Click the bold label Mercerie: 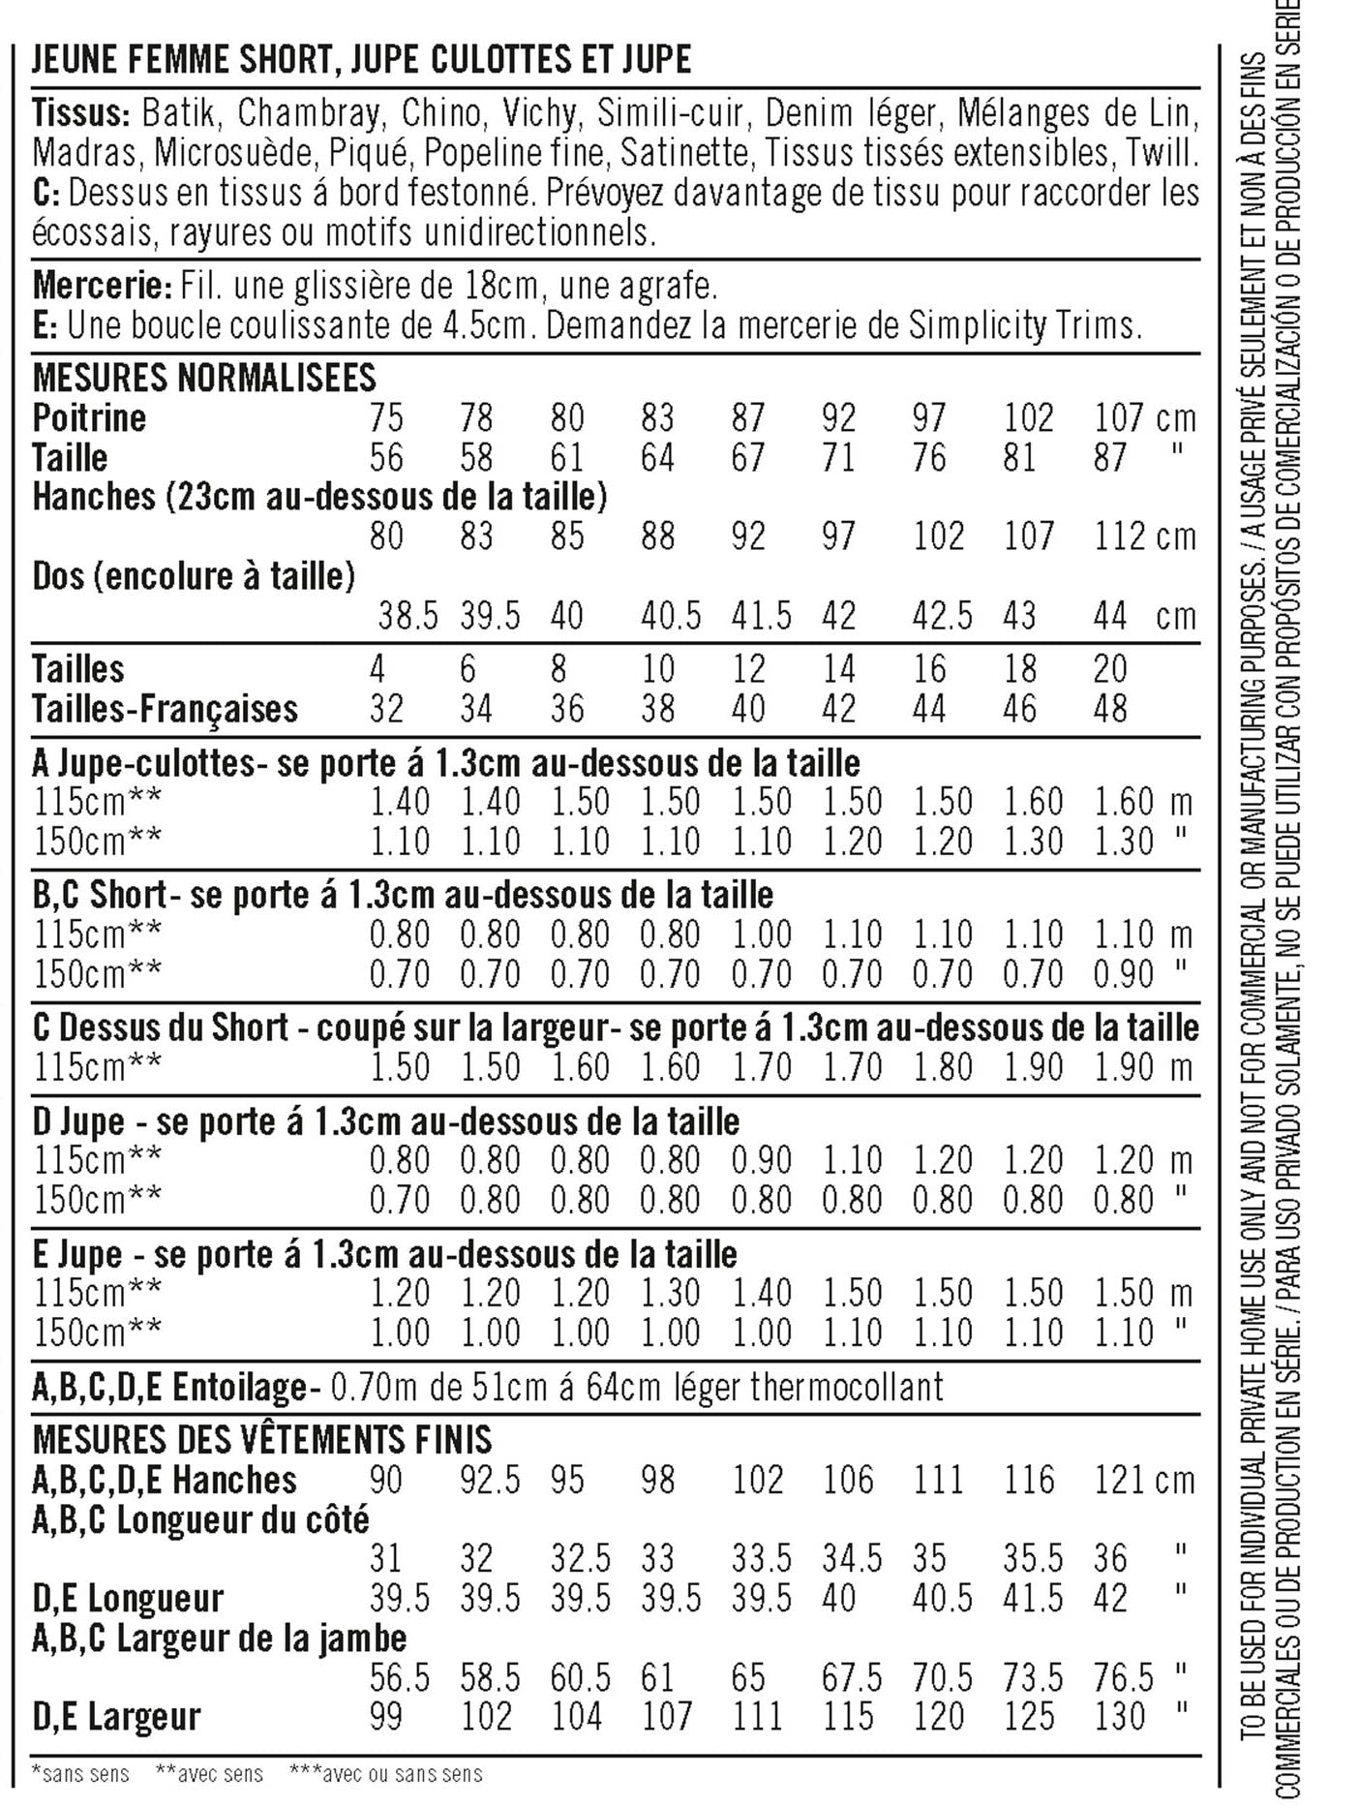(102, 286)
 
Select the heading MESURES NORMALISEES (204, 377)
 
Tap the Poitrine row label (89, 417)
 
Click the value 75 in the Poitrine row (386, 418)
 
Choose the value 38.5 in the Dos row (408, 616)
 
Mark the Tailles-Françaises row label (165, 709)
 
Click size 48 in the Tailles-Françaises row (1110, 709)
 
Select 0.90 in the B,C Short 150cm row (1125, 973)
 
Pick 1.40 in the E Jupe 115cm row (762, 1293)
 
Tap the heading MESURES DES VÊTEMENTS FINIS (261, 1439)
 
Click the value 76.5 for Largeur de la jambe (1125, 1677)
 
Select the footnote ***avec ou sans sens (385, 1773)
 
